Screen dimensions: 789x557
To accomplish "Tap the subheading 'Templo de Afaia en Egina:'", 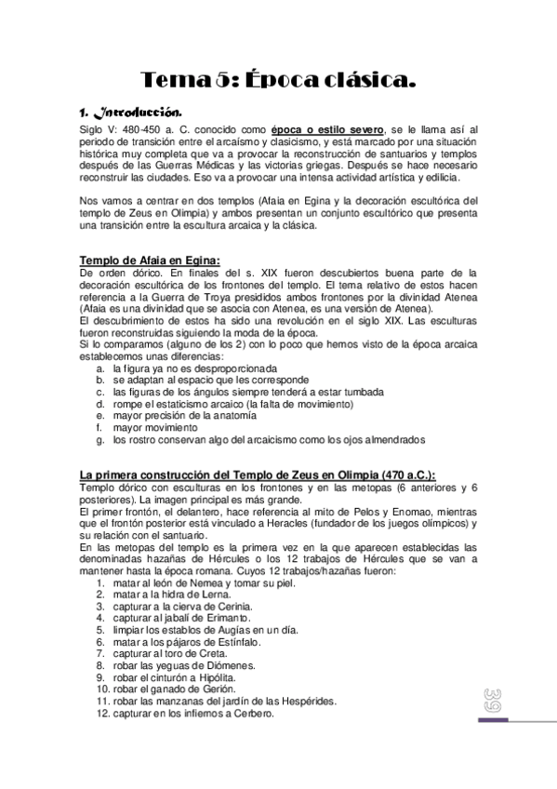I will (149, 260).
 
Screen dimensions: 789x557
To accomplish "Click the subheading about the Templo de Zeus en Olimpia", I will (257, 475).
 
